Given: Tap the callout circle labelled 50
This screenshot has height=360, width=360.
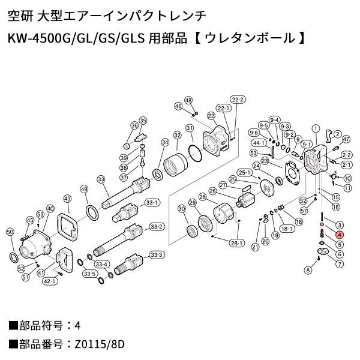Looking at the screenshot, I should coord(10,232).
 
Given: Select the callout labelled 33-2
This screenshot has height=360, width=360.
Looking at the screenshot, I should coord(157,227).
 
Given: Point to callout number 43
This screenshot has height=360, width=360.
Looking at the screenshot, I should coord(67,199).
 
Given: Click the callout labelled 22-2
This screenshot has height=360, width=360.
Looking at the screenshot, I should coord(238,99).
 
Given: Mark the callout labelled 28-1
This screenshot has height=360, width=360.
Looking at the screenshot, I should coord(235,243).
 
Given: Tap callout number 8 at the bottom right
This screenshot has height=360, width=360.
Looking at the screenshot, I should coord(308,271).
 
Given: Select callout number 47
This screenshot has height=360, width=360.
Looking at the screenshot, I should coord(346,139).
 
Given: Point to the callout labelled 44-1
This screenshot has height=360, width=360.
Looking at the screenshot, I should coord(259,143).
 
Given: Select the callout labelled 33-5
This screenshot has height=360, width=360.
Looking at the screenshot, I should coord(90,274).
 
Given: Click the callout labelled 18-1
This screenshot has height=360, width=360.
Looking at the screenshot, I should coord(285,228).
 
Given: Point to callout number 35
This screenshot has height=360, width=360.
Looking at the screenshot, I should coord(143,121).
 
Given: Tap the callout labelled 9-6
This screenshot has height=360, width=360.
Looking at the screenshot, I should coord(253,133).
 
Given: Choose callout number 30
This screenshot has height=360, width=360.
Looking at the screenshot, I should coord(181,208).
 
